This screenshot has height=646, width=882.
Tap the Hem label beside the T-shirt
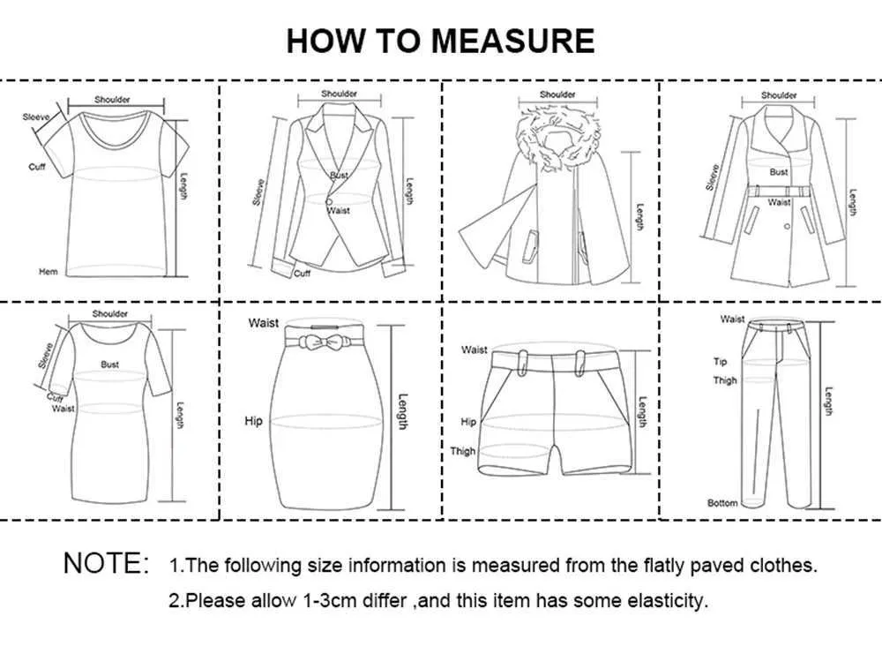click(x=49, y=272)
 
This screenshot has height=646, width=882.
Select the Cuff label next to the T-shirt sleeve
click(x=37, y=167)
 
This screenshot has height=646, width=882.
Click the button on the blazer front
click(x=328, y=201)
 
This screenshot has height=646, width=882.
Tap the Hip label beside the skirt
click(x=254, y=421)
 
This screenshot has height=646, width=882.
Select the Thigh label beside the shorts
click(x=462, y=451)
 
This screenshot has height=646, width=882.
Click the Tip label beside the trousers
click(x=720, y=362)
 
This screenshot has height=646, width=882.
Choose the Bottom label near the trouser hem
click(x=722, y=503)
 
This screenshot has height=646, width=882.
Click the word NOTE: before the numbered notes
click(x=107, y=563)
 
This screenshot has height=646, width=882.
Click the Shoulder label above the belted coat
click(x=779, y=95)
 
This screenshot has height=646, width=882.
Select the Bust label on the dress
click(x=109, y=364)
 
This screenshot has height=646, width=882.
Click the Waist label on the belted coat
click(x=779, y=202)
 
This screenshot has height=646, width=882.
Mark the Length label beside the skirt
click(x=403, y=411)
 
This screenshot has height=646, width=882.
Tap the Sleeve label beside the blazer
click(x=258, y=192)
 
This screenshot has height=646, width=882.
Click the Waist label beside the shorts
click(x=475, y=350)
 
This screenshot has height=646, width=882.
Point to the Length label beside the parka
click(x=639, y=217)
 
